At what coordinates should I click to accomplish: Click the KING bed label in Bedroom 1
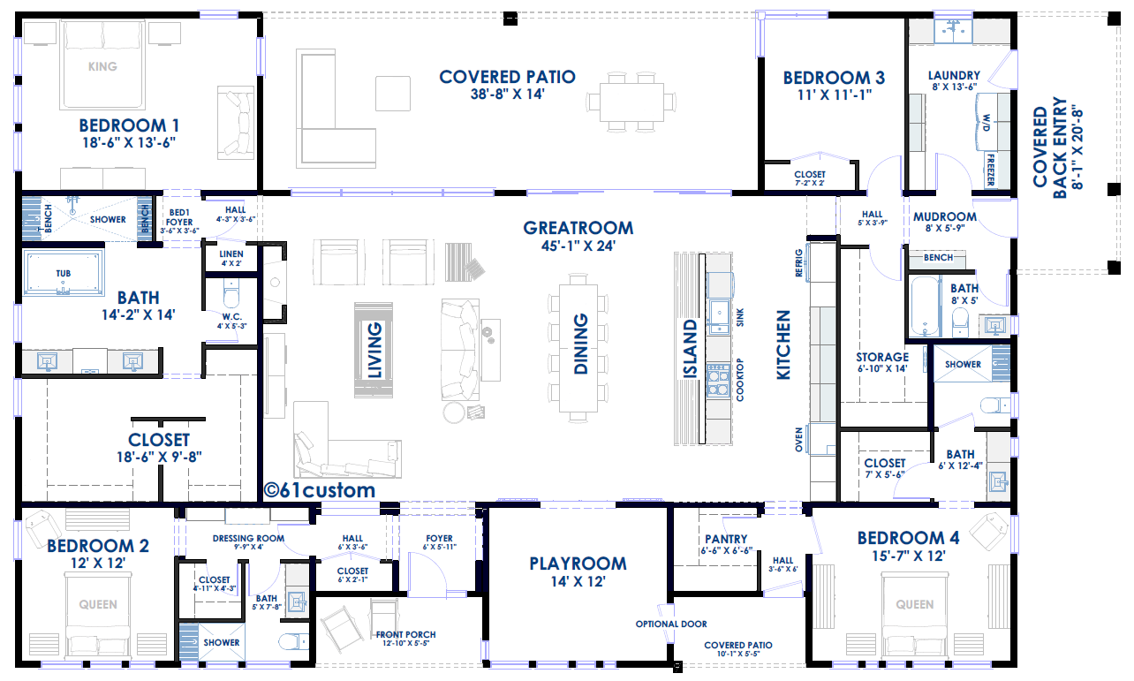102,66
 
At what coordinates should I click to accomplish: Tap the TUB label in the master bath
64,274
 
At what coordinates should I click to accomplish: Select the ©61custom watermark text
320,490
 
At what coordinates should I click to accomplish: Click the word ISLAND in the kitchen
690,349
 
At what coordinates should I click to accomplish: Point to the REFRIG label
799,263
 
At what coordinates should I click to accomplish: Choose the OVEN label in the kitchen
799,440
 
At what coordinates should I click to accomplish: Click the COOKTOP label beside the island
739,380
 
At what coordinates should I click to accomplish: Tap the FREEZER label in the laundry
991,170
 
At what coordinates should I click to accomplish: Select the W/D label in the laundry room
987,123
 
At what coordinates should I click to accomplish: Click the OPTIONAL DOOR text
671,624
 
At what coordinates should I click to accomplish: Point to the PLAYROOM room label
578,564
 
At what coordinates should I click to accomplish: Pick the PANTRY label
726,539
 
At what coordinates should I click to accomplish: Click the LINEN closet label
231,254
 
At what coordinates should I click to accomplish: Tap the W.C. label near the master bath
232,317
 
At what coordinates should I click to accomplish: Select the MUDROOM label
945,216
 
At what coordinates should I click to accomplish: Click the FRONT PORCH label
405,634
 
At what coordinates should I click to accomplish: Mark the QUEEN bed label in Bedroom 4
915,604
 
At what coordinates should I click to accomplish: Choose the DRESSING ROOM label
248,538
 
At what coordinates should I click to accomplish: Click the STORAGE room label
882,357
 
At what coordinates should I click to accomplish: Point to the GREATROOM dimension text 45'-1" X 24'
578,246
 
